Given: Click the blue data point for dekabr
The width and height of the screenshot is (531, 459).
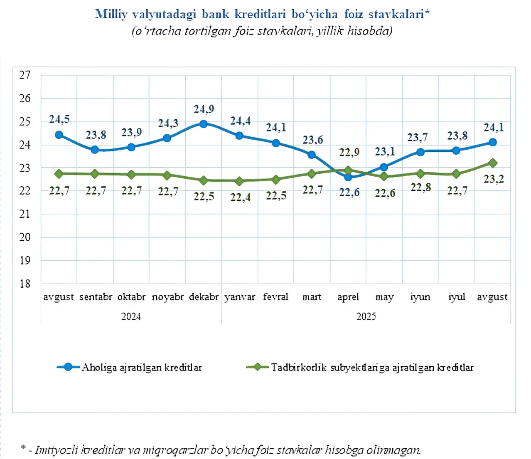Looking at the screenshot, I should click(x=203, y=124).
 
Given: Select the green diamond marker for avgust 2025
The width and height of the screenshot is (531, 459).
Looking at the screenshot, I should click(x=493, y=163).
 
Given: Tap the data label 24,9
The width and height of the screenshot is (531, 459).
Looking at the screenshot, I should click(x=204, y=109).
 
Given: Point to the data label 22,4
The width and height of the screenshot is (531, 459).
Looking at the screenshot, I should click(x=241, y=197).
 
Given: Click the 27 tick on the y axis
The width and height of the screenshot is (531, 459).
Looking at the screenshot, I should click(x=25, y=75).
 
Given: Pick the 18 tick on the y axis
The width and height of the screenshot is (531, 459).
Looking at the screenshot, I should click(x=25, y=284).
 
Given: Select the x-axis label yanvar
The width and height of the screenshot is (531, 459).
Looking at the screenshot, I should click(x=240, y=297).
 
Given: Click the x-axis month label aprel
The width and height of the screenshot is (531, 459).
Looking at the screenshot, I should click(x=348, y=297).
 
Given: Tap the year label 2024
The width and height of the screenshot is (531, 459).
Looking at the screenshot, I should click(x=131, y=316).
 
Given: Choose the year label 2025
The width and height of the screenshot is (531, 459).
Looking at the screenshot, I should click(x=366, y=316).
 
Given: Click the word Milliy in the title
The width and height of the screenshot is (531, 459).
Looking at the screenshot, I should click(x=111, y=14).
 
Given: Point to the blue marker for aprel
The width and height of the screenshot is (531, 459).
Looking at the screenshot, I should click(x=348, y=177).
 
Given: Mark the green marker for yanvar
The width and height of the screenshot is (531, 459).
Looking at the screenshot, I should click(x=239, y=181).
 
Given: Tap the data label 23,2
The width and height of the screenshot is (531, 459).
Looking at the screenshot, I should click(x=494, y=179).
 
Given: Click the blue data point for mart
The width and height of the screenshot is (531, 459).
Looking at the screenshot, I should click(x=312, y=155).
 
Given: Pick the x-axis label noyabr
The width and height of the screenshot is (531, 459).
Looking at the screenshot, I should click(x=167, y=297).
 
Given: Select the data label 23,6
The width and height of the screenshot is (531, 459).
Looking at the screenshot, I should click(x=313, y=140).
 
